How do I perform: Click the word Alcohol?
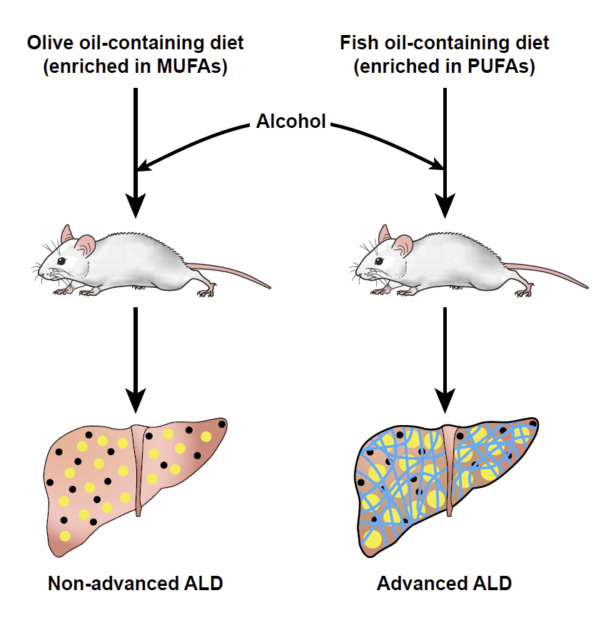(x=291, y=121)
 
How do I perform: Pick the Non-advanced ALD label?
(x=136, y=583)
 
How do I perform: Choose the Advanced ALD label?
(x=444, y=583)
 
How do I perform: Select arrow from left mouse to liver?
(x=136, y=357)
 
